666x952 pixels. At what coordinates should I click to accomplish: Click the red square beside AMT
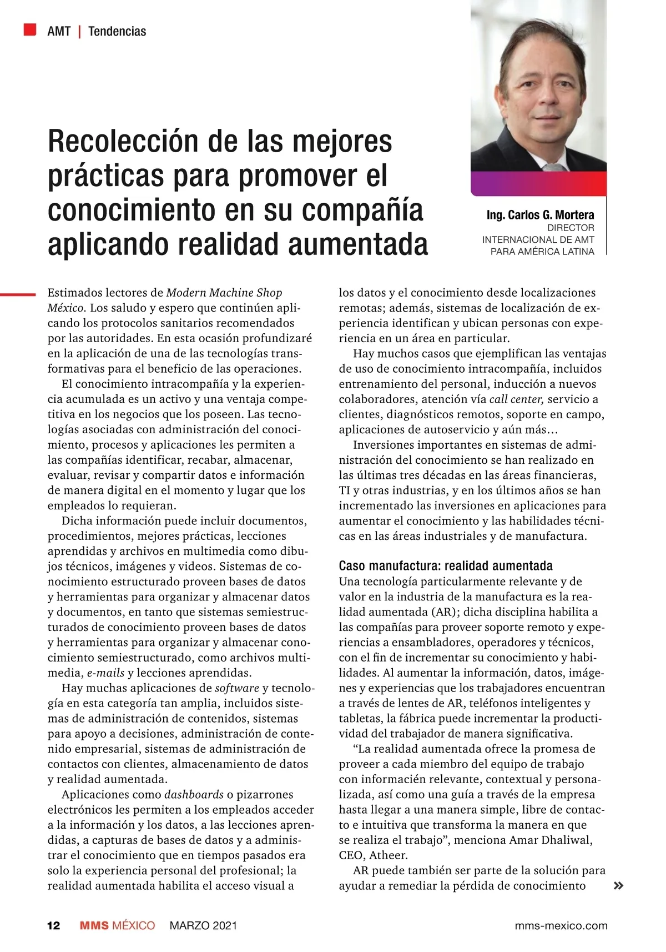coord(30,29)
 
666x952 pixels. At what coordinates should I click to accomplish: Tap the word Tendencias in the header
coord(117,32)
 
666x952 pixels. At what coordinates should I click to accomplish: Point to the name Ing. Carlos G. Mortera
coord(540,215)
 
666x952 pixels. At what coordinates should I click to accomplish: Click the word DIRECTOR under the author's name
coord(571,228)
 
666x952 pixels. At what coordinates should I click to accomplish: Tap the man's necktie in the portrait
coord(552,167)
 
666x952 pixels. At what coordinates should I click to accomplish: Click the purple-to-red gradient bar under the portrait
coord(538,183)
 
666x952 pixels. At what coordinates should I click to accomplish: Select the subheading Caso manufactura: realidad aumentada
coord(446,566)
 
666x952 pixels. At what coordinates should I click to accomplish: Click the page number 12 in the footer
coord(54,926)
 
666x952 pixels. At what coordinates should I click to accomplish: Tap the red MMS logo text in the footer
coord(94,926)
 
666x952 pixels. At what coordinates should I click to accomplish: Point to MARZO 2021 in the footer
coord(203,926)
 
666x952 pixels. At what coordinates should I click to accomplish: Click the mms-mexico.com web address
coord(561,926)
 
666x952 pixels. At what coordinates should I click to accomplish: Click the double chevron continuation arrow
coord(618,886)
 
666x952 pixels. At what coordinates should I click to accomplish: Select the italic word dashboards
coord(194,795)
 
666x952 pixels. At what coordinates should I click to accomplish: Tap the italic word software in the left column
coord(237,688)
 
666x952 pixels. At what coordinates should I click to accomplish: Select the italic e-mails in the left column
coord(105,673)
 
